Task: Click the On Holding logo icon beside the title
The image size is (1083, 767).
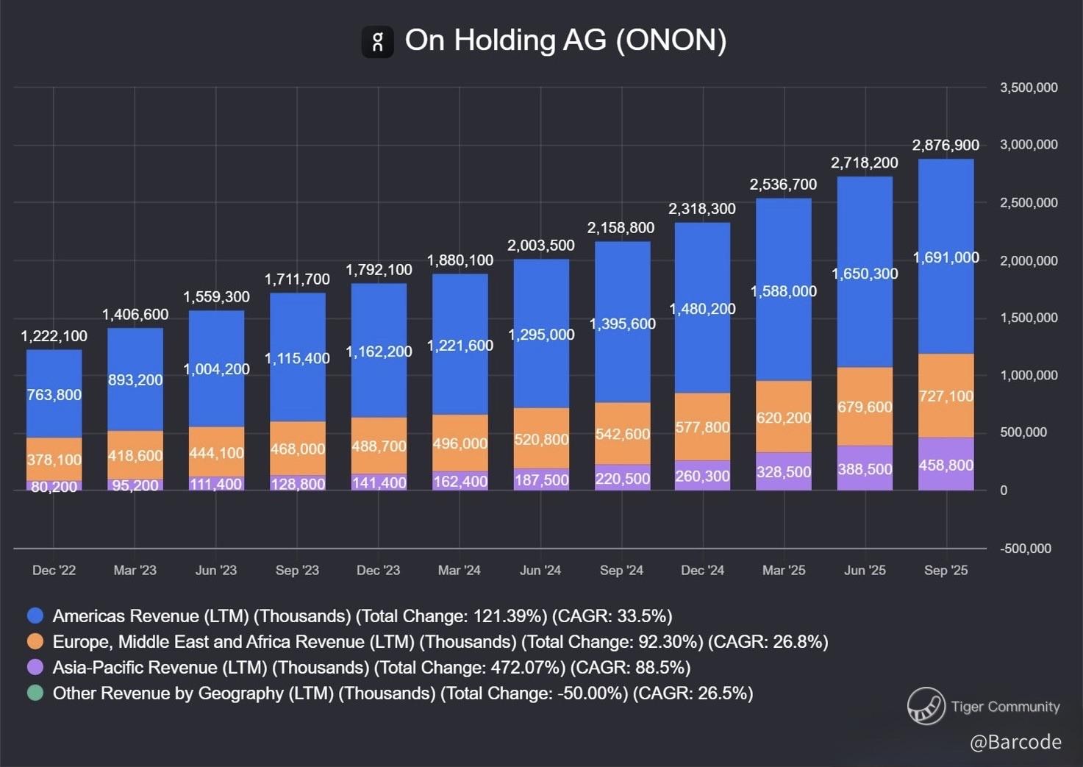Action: [x=377, y=41]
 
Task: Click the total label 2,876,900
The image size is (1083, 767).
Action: [x=946, y=145]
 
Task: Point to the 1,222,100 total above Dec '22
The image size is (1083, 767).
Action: [x=54, y=336]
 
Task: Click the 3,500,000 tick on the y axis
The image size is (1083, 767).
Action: [x=1028, y=88]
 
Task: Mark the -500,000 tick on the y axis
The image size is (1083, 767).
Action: [x=1025, y=549]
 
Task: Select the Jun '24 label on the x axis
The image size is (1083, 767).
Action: [x=540, y=571]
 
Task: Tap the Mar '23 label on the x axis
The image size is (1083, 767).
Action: [x=135, y=571]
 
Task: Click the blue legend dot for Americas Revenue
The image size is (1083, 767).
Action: [x=35, y=616]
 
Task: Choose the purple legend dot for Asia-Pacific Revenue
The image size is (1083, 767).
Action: [x=35, y=668]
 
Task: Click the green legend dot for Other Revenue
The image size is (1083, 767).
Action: [x=35, y=693]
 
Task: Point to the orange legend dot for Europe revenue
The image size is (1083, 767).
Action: [x=35, y=642]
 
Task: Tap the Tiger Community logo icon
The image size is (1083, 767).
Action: [x=926, y=706]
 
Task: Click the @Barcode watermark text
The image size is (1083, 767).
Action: [x=1015, y=742]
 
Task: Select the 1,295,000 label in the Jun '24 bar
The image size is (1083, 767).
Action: [x=541, y=335]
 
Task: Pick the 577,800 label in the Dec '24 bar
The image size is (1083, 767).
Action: [x=703, y=427]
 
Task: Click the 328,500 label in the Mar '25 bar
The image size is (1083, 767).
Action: [x=784, y=472]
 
